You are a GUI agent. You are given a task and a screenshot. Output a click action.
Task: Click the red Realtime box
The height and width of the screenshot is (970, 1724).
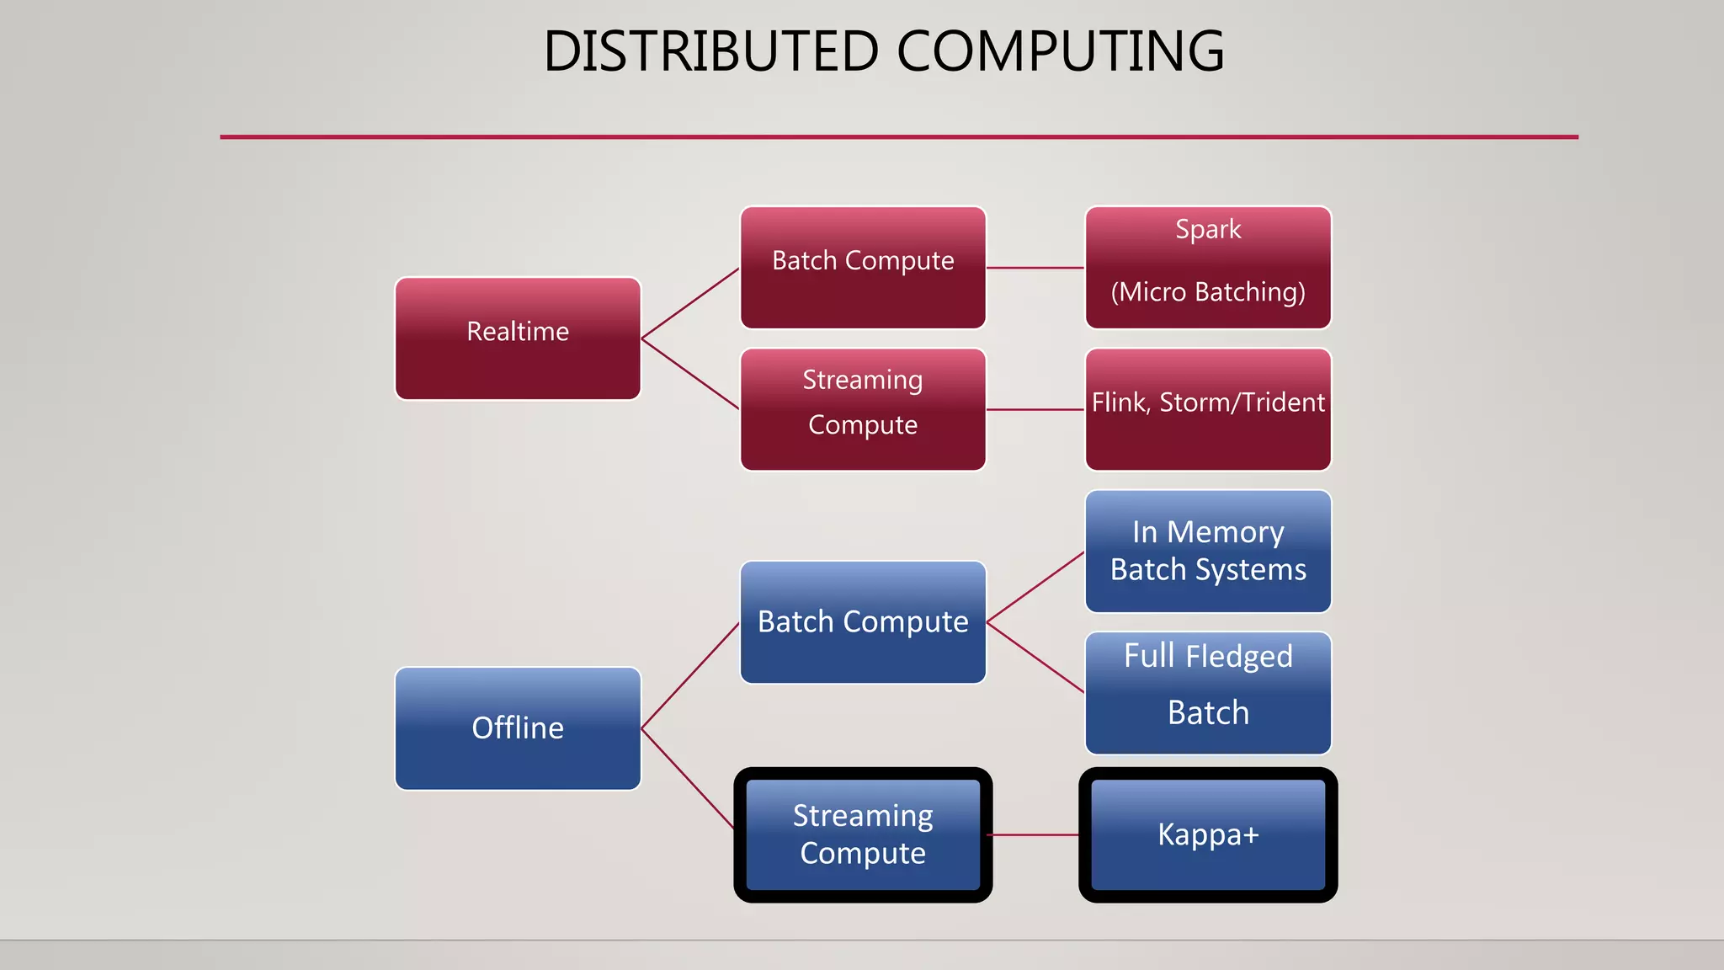pyautogui.click(x=518, y=338)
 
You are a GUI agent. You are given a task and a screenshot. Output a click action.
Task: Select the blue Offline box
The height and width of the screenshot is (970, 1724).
pyautogui.click(x=518, y=728)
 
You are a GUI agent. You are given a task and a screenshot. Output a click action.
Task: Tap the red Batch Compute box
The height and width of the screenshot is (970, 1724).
pyautogui.click(x=863, y=268)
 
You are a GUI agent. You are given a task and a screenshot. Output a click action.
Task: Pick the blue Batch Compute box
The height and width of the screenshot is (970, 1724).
pyautogui.click(x=863, y=622)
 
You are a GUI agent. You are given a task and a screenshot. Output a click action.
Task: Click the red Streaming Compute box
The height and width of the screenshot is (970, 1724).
pyautogui.click(x=863, y=409)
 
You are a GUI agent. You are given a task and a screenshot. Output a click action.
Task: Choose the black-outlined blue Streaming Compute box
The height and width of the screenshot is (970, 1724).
pyautogui.click(x=863, y=834)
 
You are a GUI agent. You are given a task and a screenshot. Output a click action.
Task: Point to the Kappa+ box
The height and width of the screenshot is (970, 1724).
pyautogui.click(x=1208, y=834)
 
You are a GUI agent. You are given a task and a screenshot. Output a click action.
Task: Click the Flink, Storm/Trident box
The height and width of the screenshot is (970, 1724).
pyautogui.click(x=1208, y=409)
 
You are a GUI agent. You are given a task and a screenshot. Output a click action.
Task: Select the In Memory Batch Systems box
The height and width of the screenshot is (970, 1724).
pyautogui.click(x=1208, y=552)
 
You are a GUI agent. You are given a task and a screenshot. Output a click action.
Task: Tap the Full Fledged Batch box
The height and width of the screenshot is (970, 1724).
pyautogui.click(x=1208, y=693)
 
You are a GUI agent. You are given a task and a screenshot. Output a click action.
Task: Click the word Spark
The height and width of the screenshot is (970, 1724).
pyautogui.click(x=1208, y=229)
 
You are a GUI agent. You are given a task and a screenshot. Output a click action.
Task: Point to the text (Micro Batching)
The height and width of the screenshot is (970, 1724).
pyautogui.click(x=1208, y=292)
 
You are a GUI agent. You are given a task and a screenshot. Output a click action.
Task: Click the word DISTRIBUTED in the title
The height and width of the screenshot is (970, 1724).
pyautogui.click(x=711, y=51)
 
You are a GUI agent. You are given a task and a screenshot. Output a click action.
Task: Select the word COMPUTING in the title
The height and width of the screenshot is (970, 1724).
pyautogui.click(x=1060, y=51)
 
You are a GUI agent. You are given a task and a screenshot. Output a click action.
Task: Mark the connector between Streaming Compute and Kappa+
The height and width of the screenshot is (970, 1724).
pyautogui.click(x=1035, y=835)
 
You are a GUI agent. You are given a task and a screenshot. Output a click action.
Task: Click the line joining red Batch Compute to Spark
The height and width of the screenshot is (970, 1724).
pyautogui.click(x=1035, y=268)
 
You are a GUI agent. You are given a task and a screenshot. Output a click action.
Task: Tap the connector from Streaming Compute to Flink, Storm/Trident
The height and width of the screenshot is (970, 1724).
pyautogui.click(x=1035, y=410)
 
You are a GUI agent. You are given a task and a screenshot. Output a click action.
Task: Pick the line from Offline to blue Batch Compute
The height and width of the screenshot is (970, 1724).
pyautogui.click(x=690, y=676)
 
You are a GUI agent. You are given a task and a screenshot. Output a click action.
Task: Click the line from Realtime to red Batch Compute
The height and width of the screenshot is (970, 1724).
pyautogui.click(x=690, y=304)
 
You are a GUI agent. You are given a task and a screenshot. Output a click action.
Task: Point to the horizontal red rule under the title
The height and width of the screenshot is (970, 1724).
pyautogui.click(x=899, y=136)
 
